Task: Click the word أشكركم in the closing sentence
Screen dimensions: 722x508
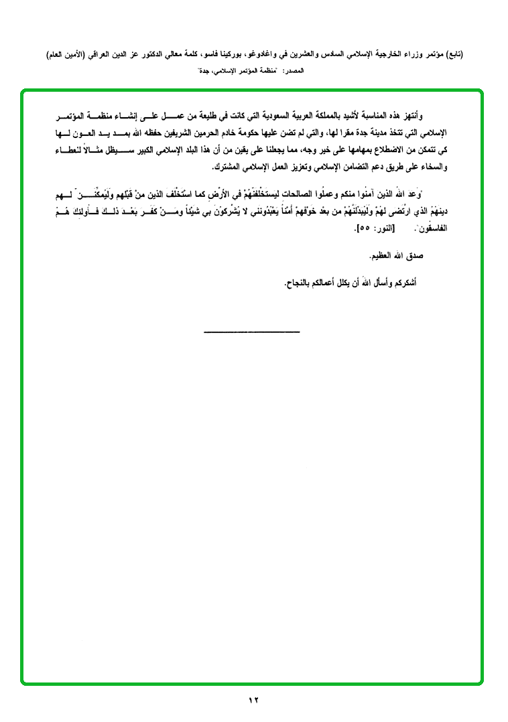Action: point(402,283)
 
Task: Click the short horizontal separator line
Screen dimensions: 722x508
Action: point(251,332)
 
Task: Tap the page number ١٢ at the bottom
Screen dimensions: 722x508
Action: point(253,700)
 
